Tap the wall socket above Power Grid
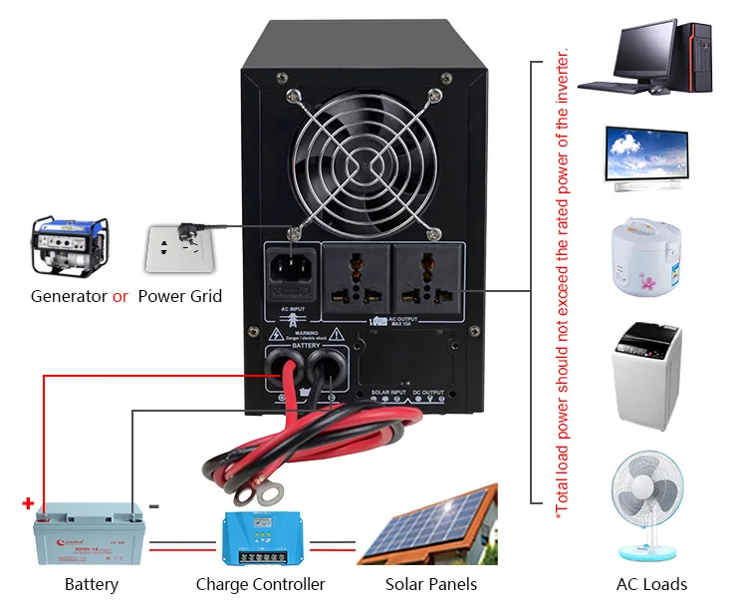pyautogui.click(x=179, y=250)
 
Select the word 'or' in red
pyautogui.click(x=121, y=296)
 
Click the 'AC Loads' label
pyautogui.click(x=651, y=584)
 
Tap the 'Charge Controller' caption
pyautogui.click(x=260, y=584)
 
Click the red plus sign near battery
pyautogui.click(x=28, y=504)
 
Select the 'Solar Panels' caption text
pyautogui.click(x=430, y=584)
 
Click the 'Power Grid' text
pyautogui.click(x=179, y=296)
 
